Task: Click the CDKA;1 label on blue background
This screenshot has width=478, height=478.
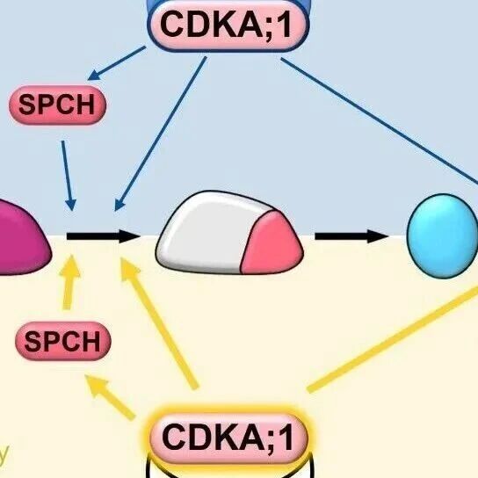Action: tap(228, 25)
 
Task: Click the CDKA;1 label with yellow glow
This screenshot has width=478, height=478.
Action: tap(228, 438)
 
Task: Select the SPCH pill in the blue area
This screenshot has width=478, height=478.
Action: tap(57, 105)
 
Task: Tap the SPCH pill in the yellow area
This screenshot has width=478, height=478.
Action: tap(62, 341)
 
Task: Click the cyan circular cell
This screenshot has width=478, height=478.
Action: tap(442, 236)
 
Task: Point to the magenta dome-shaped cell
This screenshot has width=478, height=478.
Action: tap(21, 237)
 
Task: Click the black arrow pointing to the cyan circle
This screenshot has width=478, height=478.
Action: tap(351, 236)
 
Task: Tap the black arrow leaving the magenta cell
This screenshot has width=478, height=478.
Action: tap(104, 236)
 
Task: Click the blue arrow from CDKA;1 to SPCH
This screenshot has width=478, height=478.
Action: tap(117, 62)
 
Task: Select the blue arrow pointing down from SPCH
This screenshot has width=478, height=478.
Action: tap(67, 176)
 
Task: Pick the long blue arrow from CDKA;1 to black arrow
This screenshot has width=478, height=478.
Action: tap(161, 134)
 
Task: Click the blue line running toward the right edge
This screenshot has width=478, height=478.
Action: tap(380, 121)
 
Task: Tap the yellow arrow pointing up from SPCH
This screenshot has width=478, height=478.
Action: tap(69, 282)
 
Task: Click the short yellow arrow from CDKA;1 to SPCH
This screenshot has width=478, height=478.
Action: tap(110, 397)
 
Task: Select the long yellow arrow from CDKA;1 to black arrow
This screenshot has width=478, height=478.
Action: tap(158, 323)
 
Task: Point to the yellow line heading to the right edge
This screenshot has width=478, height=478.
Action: tap(393, 338)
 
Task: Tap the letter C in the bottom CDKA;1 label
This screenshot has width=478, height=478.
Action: tap(173, 437)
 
